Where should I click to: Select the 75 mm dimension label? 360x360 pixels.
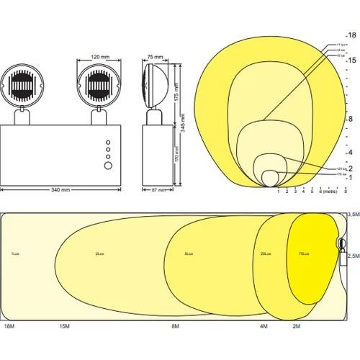coord(155,55)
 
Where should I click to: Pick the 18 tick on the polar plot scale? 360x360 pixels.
coord(351,35)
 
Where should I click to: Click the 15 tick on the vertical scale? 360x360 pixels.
coord(351,60)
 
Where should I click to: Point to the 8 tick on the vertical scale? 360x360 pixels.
coord(351,119)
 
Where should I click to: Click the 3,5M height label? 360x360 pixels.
coord(352,215)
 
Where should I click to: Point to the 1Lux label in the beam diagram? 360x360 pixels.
coord(14,254)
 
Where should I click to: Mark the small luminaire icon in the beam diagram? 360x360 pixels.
coord(341,246)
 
